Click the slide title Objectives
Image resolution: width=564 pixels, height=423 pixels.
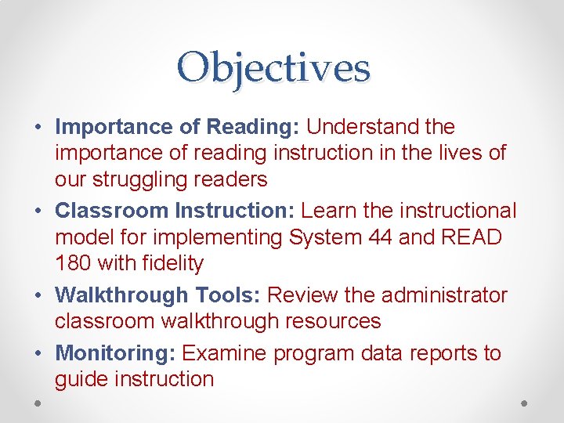273,68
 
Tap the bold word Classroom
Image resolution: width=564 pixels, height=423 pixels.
112,211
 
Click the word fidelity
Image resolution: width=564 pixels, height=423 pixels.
175,264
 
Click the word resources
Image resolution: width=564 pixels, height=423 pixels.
332,321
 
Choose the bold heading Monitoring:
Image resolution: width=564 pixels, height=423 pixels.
115,353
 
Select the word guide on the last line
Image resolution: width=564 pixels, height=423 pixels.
81,380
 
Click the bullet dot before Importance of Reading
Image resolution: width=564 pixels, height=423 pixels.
38,127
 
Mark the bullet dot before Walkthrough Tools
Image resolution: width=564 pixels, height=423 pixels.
38,296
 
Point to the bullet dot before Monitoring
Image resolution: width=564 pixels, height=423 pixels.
38,354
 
